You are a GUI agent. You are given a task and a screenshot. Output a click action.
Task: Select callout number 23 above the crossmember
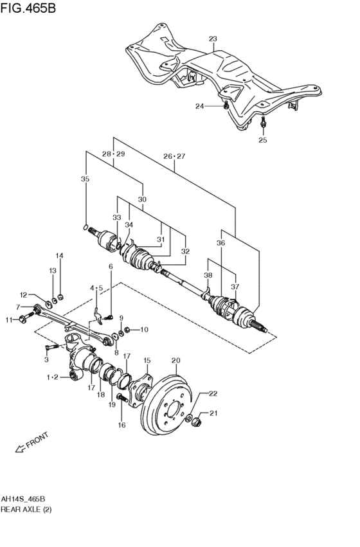tap(213, 39)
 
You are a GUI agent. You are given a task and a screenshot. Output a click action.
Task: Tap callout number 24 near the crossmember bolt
tap(199, 107)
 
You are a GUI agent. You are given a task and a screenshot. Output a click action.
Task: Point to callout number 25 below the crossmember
tap(262, 139)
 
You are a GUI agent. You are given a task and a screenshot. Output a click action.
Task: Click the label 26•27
tap(174, 156)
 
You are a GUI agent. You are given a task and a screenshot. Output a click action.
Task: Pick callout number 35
tap(85, 179)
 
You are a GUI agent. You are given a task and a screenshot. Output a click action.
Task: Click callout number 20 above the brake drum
tap(175, 361)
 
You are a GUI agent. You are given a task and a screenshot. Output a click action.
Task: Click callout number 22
tap(213, 394)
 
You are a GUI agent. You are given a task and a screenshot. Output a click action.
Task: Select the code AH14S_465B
tap(28, 499)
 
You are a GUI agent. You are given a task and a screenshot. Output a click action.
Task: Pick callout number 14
tap(59, 256)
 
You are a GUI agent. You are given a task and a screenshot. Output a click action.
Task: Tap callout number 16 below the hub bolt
tap(121, 426)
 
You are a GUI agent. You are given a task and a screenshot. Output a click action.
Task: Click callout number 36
tap(221, 244)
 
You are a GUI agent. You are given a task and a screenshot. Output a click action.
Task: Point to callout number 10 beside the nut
tap(143, 330)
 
